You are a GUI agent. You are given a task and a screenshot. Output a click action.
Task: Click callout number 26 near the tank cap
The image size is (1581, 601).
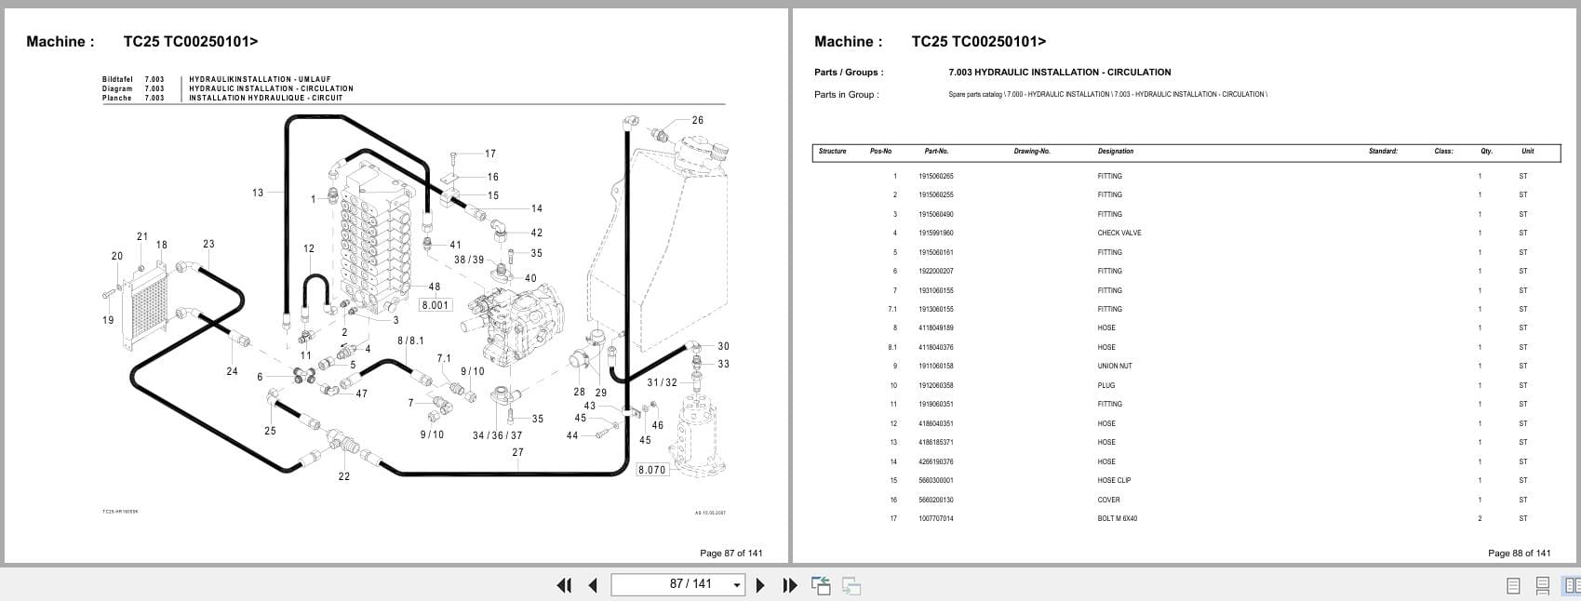click(x=697, y=120)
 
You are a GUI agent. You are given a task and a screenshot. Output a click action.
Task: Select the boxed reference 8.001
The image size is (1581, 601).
click(x=435, y=305)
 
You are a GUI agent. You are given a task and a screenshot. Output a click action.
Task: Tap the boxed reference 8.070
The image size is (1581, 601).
click(x=651, y=470)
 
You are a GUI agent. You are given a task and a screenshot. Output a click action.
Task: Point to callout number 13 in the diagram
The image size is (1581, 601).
click(x=258, y=193)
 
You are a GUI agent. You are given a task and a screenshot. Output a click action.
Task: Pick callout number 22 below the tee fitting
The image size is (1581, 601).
click(x=344, y=476)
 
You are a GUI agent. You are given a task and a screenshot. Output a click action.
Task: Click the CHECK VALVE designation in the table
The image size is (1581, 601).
click(x=1119, y=233)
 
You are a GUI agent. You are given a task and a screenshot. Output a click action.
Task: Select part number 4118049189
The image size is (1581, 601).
click(x=935, y=327)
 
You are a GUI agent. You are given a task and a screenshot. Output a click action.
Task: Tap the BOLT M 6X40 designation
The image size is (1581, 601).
click(x=1117, y=518)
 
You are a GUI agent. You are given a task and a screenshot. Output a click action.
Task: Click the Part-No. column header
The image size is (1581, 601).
click(x=936, y=151)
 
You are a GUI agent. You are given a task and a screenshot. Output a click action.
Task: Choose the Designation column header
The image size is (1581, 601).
click(x=1115, y=151)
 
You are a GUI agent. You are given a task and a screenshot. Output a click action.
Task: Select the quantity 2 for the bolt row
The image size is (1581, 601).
click(x=1480, y=518)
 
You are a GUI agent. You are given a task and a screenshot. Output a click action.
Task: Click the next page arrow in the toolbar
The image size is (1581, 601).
click(x=760, y=585)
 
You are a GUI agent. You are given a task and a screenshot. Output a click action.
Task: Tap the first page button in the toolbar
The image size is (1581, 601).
click(x=564, y=585)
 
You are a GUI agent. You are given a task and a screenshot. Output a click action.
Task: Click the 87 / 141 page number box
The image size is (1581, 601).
click(x=677, y=584)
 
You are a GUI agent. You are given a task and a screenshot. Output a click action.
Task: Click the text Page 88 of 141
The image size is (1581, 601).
click(x=1519, y=553)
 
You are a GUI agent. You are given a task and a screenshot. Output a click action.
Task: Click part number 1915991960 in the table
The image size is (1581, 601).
click(x=935, y=233)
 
